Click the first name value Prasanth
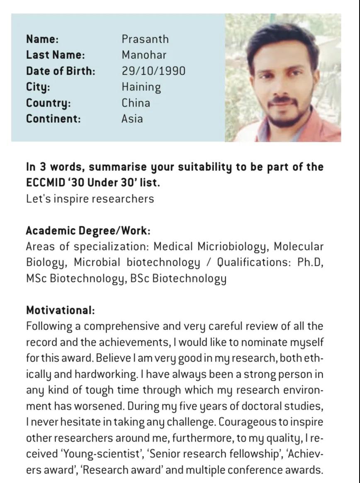click(145, 39)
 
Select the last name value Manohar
click(144, 55)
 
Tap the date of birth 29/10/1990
click(153, 70)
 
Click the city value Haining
click(141, 87)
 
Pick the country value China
click(136, 103)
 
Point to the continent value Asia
click(132, 119)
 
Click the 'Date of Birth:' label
click(61, 70)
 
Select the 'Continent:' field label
click(54, 119)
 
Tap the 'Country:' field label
click(49, 103)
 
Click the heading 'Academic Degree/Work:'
click(88, 231)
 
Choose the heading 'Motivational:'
click(61, 310)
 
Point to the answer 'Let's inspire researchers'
click(90, 199)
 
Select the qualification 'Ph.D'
click(310, 262)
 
